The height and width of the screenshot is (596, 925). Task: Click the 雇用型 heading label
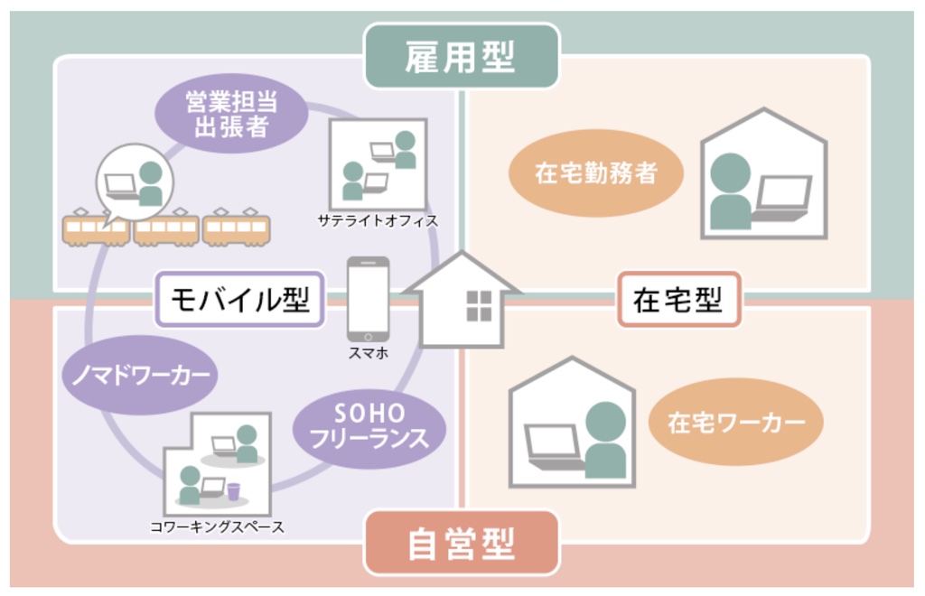tap(461, 56)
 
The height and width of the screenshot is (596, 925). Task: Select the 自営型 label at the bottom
tap(461, 543)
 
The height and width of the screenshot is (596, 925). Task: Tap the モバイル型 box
tap(239, 299)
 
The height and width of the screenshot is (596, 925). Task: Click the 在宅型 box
tap(678, 299)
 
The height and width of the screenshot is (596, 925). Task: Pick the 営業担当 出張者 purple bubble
tap(231, 113)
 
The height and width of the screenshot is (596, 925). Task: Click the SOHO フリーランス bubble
tap(369, 425)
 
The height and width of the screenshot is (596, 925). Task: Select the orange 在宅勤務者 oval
tap(595, 173)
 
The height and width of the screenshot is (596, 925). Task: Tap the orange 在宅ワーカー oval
tap(735, 422)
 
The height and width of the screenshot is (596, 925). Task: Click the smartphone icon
tap(368, 299)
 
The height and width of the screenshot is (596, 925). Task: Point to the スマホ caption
tap(368, 354)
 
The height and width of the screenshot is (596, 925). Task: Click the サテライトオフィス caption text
tap(378, 219)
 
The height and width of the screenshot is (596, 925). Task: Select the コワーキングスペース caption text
tap(217, 526)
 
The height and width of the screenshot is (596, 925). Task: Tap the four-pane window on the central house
tap(478, 306)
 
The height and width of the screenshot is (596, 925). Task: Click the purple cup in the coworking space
tap(234, 491)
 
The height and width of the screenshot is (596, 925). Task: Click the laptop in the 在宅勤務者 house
tap(781, 198)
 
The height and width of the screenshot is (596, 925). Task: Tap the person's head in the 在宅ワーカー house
tap(605, 421)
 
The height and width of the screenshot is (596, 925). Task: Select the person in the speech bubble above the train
tap(150, 183)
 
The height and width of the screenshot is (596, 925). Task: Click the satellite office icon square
tap(378, 164)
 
